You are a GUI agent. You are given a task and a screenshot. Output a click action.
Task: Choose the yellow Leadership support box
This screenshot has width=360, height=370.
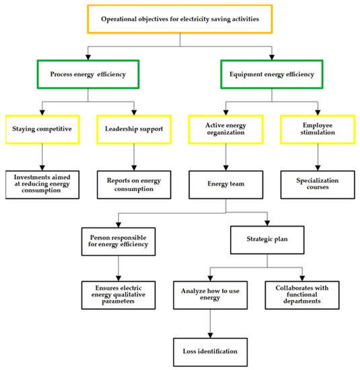135,128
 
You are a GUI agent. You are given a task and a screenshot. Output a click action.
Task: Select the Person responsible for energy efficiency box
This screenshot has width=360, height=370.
119,242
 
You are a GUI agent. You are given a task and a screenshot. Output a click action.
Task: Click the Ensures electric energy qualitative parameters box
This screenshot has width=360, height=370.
119,294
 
